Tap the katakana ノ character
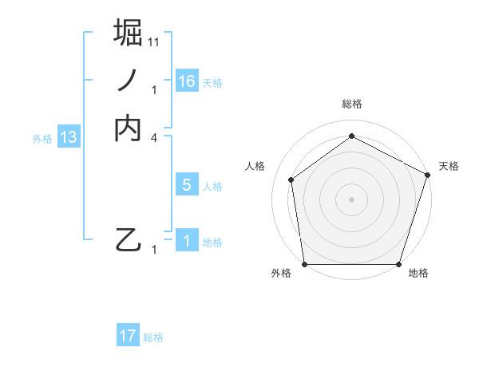[x=129, y=80]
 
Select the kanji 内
[x=129, y=128]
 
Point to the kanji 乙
[x=129, y=239]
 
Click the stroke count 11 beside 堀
[x=154, y=41]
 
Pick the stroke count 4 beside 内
[x=154, y=138]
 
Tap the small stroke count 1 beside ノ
[x=154, y=89]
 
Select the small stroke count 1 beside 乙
[x=154, y=250]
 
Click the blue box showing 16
[x=187, y=81]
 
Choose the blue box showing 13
[x=69, y=137]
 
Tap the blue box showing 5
[x=187, y=185]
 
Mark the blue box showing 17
[x=128, y=336]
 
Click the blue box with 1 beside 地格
[x=187, y=241]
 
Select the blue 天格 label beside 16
[x=212, y=83]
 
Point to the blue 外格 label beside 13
[x=42, y=139]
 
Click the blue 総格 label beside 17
[x=153, y=337]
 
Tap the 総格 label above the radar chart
[x=351, y=105]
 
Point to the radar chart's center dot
[x=351, y=199]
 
